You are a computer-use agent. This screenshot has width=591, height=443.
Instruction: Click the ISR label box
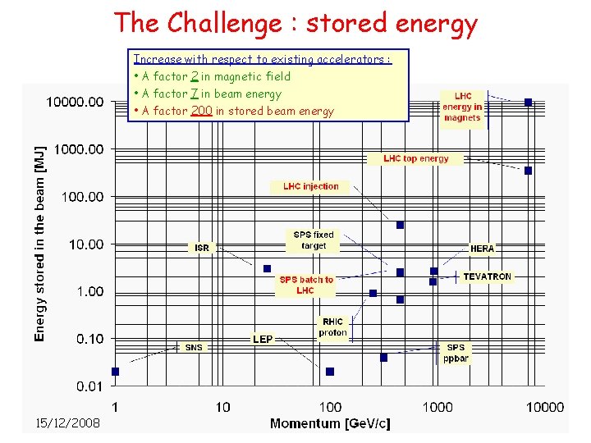coord(202,247)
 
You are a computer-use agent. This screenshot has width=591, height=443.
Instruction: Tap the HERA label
coord(482,248)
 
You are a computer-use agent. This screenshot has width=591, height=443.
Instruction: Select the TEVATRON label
coord(487,276)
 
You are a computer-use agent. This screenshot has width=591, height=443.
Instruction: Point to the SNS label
coord(194,347)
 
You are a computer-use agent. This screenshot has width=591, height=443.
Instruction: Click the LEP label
coord(263,339)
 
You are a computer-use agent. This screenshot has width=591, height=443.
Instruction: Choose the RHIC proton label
coord(332,327)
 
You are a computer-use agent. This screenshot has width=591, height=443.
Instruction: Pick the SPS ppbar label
coord(456,353)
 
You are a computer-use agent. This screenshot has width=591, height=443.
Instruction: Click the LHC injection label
coord(310,186)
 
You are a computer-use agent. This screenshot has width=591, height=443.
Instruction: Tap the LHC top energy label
coord(416,158)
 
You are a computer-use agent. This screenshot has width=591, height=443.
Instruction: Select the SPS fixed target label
coord(314,240)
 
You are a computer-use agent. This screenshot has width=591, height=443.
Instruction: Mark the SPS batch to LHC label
coord(305,285)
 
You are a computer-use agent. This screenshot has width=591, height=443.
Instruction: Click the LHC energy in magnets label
coord(462,107)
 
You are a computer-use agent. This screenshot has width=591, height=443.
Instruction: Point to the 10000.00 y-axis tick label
coord(74,102)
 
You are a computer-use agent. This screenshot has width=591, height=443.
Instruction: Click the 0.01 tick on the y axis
coord(89,386)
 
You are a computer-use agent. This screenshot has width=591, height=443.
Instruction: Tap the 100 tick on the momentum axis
coord(330,406)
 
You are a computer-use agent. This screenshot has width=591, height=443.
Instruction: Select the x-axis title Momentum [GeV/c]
coord(330,423)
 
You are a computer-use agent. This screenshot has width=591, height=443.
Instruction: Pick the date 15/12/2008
coord(67,422)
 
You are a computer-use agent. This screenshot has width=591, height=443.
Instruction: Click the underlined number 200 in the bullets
coord(201,111)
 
